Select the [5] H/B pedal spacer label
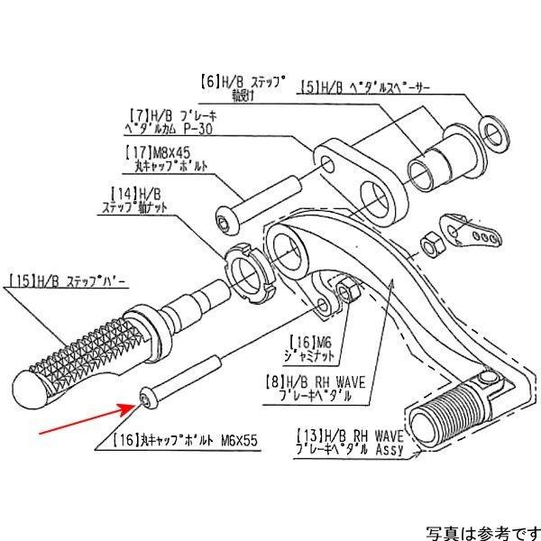tap(364, 88)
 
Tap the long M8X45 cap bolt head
tap(226, 218)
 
